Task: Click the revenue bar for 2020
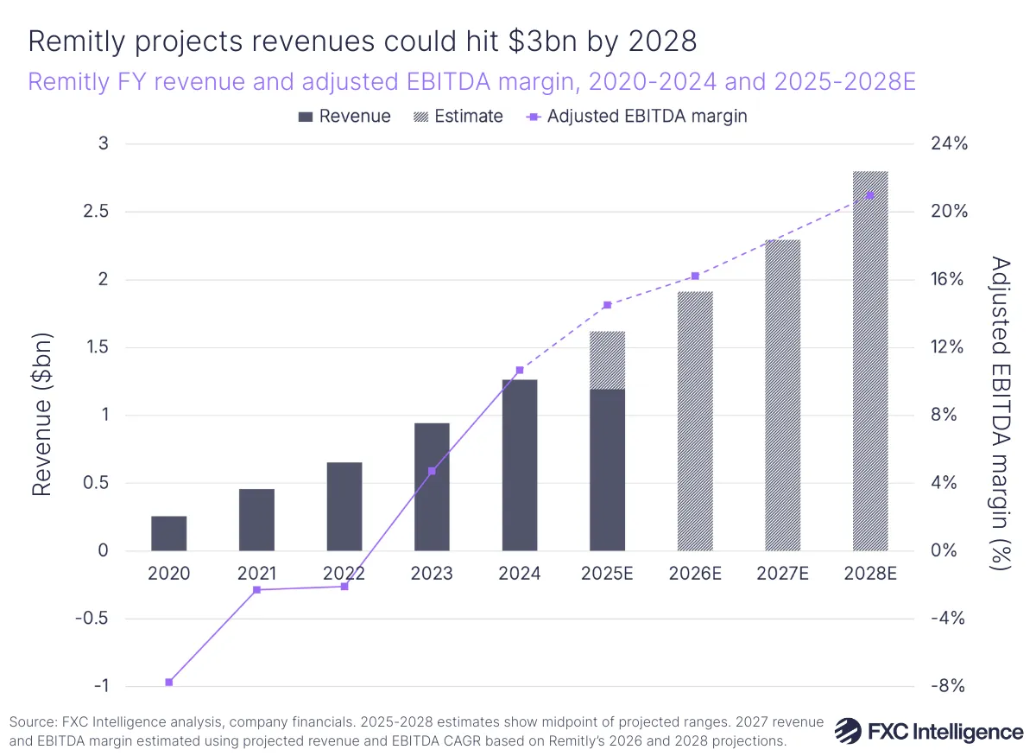[168, 533]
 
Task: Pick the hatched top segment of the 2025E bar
[607, 359]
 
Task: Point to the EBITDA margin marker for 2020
[169, 683]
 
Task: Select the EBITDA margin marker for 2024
[520, 371]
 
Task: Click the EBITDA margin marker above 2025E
[607, 305]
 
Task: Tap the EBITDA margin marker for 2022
[344, 587]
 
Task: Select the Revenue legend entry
[344, 117]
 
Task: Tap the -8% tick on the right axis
[948, 686]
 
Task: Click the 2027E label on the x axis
[782, 574]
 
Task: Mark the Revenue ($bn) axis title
[42, 415]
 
